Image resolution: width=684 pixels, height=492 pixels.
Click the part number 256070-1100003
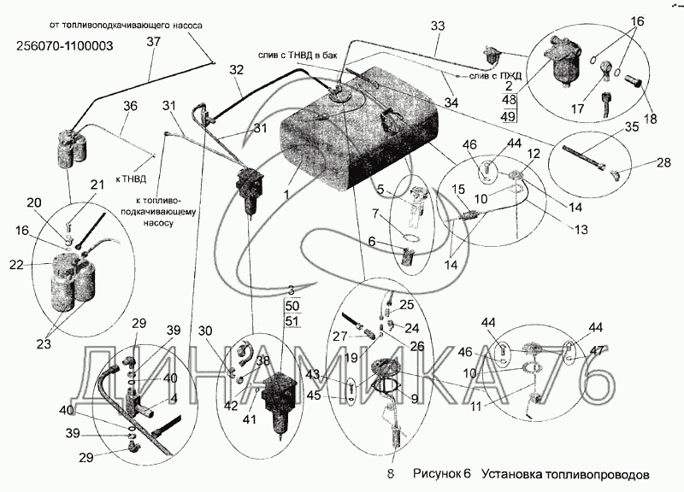pos(64,45)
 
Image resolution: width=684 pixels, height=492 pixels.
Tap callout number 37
pos(154,42)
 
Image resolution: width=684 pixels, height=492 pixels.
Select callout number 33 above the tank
pos(438,26)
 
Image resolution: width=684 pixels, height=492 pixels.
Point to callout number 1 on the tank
pos(286,195)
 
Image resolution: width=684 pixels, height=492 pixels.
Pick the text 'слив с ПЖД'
pos(495,76)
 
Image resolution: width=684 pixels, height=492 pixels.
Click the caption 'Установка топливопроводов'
pos(565,474)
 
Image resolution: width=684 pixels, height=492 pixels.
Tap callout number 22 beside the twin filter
pos(16,264)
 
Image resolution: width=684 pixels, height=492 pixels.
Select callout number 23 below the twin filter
pos(44,344)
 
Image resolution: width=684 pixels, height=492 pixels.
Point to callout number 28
pos(663,163)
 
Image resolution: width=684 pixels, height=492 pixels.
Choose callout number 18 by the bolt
pos(650,118)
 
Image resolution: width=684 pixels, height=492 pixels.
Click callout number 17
pos(578,108)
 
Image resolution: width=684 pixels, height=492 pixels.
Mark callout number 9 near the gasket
pos(414,398)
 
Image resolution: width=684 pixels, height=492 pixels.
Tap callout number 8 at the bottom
pos(391,473)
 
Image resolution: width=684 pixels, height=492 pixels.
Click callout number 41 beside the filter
pos(251,419)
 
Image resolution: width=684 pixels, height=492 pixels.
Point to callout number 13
pos(581,230)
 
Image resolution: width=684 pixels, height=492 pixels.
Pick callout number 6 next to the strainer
pos(371,241)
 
